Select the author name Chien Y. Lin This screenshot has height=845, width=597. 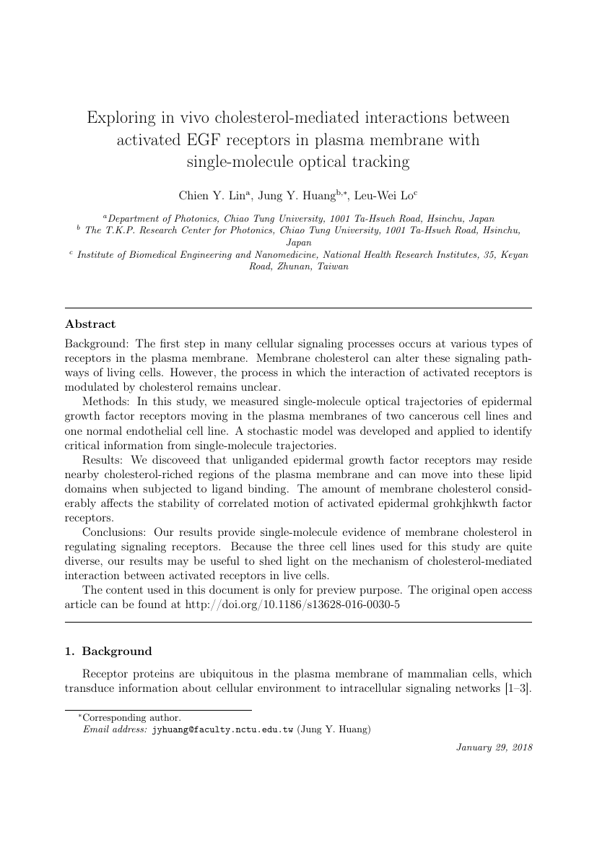[210, 195]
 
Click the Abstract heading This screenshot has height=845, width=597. [90, 324]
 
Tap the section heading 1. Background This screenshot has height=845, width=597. [108, 651]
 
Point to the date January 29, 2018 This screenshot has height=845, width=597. [494, 747]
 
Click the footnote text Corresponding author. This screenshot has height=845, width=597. [131, 718]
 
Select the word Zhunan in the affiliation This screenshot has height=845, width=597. [292, 266]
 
